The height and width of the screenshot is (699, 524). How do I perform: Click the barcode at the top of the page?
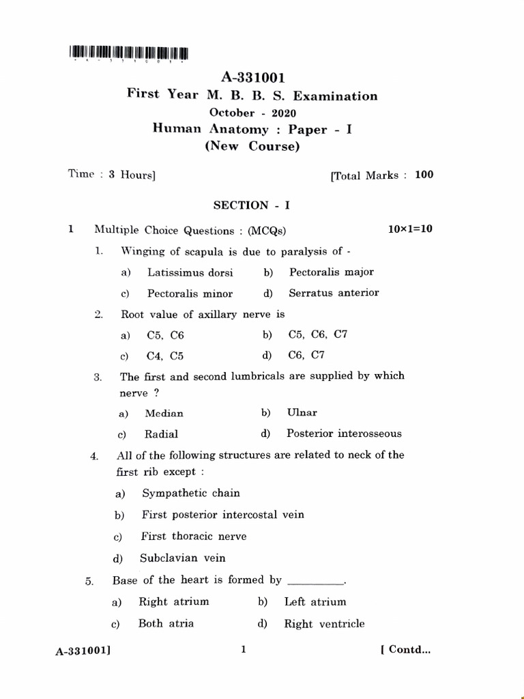click(128, 53)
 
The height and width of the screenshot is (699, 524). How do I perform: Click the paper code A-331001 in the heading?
click(252, 79)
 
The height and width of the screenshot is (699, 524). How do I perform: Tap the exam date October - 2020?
click(252, 113)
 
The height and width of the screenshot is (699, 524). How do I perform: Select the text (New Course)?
click(252, 146)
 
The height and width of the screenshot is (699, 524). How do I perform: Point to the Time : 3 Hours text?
click(112, 174)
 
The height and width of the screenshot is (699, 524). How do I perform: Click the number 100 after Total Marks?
click(424, 175)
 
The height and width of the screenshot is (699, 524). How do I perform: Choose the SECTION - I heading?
click(252, 205)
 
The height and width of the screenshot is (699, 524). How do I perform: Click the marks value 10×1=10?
click(410, 229)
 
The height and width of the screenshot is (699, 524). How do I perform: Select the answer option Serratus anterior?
click(334, 293)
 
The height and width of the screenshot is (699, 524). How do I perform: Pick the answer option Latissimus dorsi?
click(190, 272)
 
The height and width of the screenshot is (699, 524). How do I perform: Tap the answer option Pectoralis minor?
click(190, 294)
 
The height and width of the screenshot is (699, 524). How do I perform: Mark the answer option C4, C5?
click(165, 356)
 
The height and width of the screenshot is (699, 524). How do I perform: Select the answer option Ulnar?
click(302, 412)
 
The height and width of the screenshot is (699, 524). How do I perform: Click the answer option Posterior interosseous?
click(344, 433)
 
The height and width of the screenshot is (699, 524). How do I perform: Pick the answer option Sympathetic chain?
click(191, 493)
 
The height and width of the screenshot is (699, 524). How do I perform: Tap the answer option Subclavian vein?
click(182, 558)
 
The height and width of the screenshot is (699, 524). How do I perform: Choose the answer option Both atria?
click(166, 623)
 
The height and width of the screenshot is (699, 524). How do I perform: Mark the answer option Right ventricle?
click(324, 623)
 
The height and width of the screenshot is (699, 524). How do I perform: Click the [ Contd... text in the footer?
click(405, 650)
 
